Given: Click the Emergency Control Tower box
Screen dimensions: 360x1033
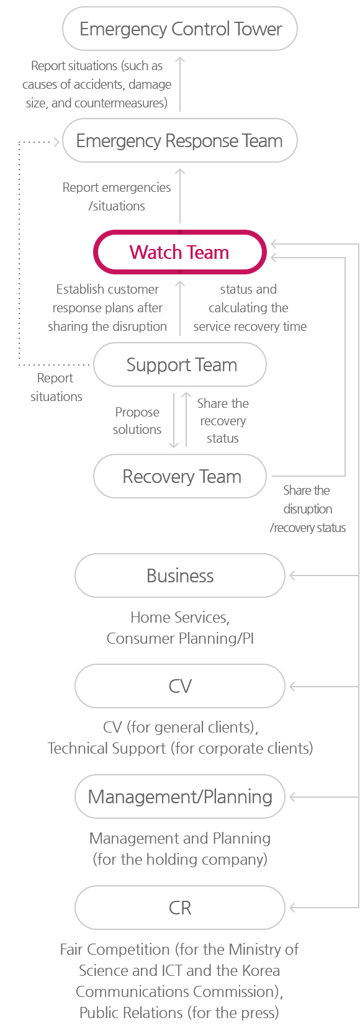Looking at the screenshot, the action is point(180,29).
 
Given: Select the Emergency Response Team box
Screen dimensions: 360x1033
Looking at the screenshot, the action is point(180,141).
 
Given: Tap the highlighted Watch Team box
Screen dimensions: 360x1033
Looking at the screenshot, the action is point(180,252).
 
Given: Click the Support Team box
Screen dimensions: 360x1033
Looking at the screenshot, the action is point(180,364).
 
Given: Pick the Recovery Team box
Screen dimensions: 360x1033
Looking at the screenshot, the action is point(180,476).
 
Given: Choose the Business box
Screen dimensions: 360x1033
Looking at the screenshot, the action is point(180,575).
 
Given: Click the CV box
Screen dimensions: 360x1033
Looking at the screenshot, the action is point(180,686).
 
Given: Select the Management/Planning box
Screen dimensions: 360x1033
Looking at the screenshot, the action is point(180,797).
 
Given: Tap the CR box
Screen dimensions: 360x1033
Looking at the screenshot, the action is point(180,908).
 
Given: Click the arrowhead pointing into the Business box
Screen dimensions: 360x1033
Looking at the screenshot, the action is point(292,575).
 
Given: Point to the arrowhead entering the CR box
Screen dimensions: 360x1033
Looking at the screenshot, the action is point(292,908).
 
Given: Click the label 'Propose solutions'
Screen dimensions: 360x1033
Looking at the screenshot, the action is point(137,420).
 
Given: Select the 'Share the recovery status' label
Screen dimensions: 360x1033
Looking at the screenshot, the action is point(223,420).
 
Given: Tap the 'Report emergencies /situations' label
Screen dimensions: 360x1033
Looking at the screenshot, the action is point(117,196).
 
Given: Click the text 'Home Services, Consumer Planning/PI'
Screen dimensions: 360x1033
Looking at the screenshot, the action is point(180,628).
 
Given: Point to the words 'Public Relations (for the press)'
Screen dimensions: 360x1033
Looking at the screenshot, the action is point(179,1013).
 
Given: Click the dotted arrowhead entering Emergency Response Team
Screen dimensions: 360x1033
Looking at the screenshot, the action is point(57,142).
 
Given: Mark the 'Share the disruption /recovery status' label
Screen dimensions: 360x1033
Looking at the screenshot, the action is point(307,508).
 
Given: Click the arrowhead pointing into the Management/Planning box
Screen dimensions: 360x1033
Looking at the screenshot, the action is point(292,797).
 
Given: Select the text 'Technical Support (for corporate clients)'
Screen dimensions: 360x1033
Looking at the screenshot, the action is point(180,748).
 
